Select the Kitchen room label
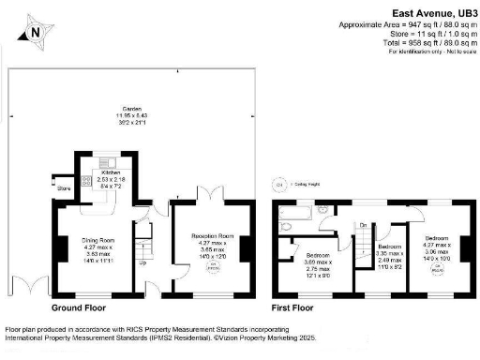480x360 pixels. pos(111,173)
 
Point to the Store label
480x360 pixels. pos(64,188)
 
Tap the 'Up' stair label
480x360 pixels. pos(142,262)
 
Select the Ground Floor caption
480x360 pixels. pos(77,307)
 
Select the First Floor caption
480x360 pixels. pos(292,307)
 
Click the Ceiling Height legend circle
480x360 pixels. pos(277,184)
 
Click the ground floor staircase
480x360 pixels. pos(142,246)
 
